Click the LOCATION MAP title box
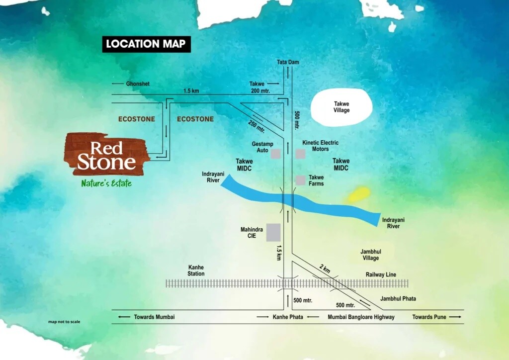pyautogui.click(x=146, y=44)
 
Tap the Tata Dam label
pyautogui.click(x=288, y=62)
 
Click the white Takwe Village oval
pyautogui.click(x=341, y=107)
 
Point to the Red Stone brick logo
pyautogui.click(x=106, y=154)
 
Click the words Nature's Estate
pyautogui.click(x=106, y=183)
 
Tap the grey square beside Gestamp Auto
pyautogui.click(x=275, y=154)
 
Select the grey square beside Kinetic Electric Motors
pyautogui.click(x=300, y=154)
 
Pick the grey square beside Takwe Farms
pyautogui.click(x=300, y=180)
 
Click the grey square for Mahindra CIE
pyautogui.click(x=273, y=232)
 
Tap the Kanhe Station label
pyautogui.click(x=196, y=270)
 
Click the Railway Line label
pyautogui.click(x=381, y=274)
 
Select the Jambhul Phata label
pyautogui.click(x=398, y=299)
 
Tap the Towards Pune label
pyautogui.click(x=429, y=317)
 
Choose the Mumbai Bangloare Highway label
pyautogui.click(x=361, y=317)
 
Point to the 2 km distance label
pyautogui.click(x=325, y=269)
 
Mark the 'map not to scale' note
pyautogui.click(x=64, y=322)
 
